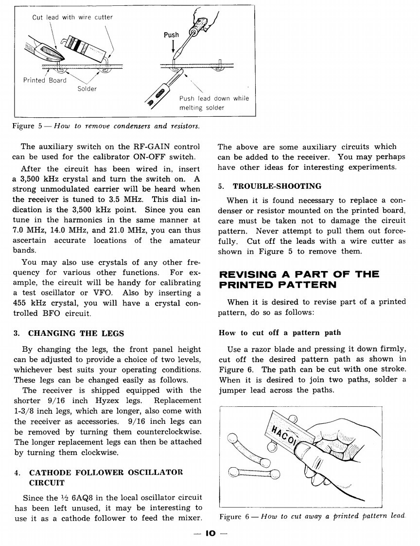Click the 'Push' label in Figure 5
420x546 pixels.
click(x=171, y=35)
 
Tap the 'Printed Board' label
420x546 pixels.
click(x=45, y=80)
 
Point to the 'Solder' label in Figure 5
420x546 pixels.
click(x=87, y=89)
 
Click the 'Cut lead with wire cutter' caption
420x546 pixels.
click(x=72, y=18)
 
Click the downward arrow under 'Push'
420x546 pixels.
click(x=173, y=48)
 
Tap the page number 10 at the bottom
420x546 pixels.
click(x=210, y=533)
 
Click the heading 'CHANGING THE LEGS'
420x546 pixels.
click(x=76, y=333)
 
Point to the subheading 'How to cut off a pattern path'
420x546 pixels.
click(x=280, y=333)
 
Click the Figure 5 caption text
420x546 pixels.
click(x=105, y=127)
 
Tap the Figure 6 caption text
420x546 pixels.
click(x=312, y=516)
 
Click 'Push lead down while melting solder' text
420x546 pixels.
click(x=213, y=103)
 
